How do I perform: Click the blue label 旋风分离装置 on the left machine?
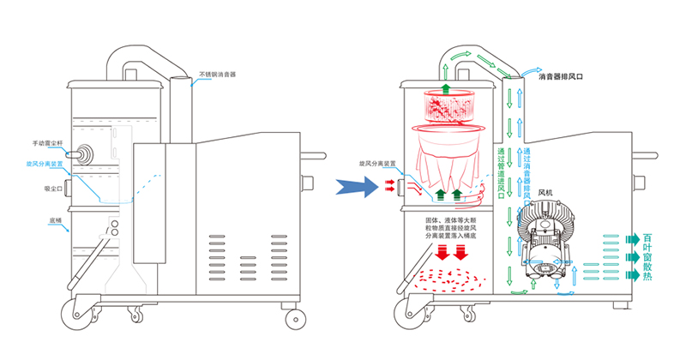[45, 163]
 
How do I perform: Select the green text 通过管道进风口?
[500, 171]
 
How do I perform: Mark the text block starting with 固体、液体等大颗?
[446, 227]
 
